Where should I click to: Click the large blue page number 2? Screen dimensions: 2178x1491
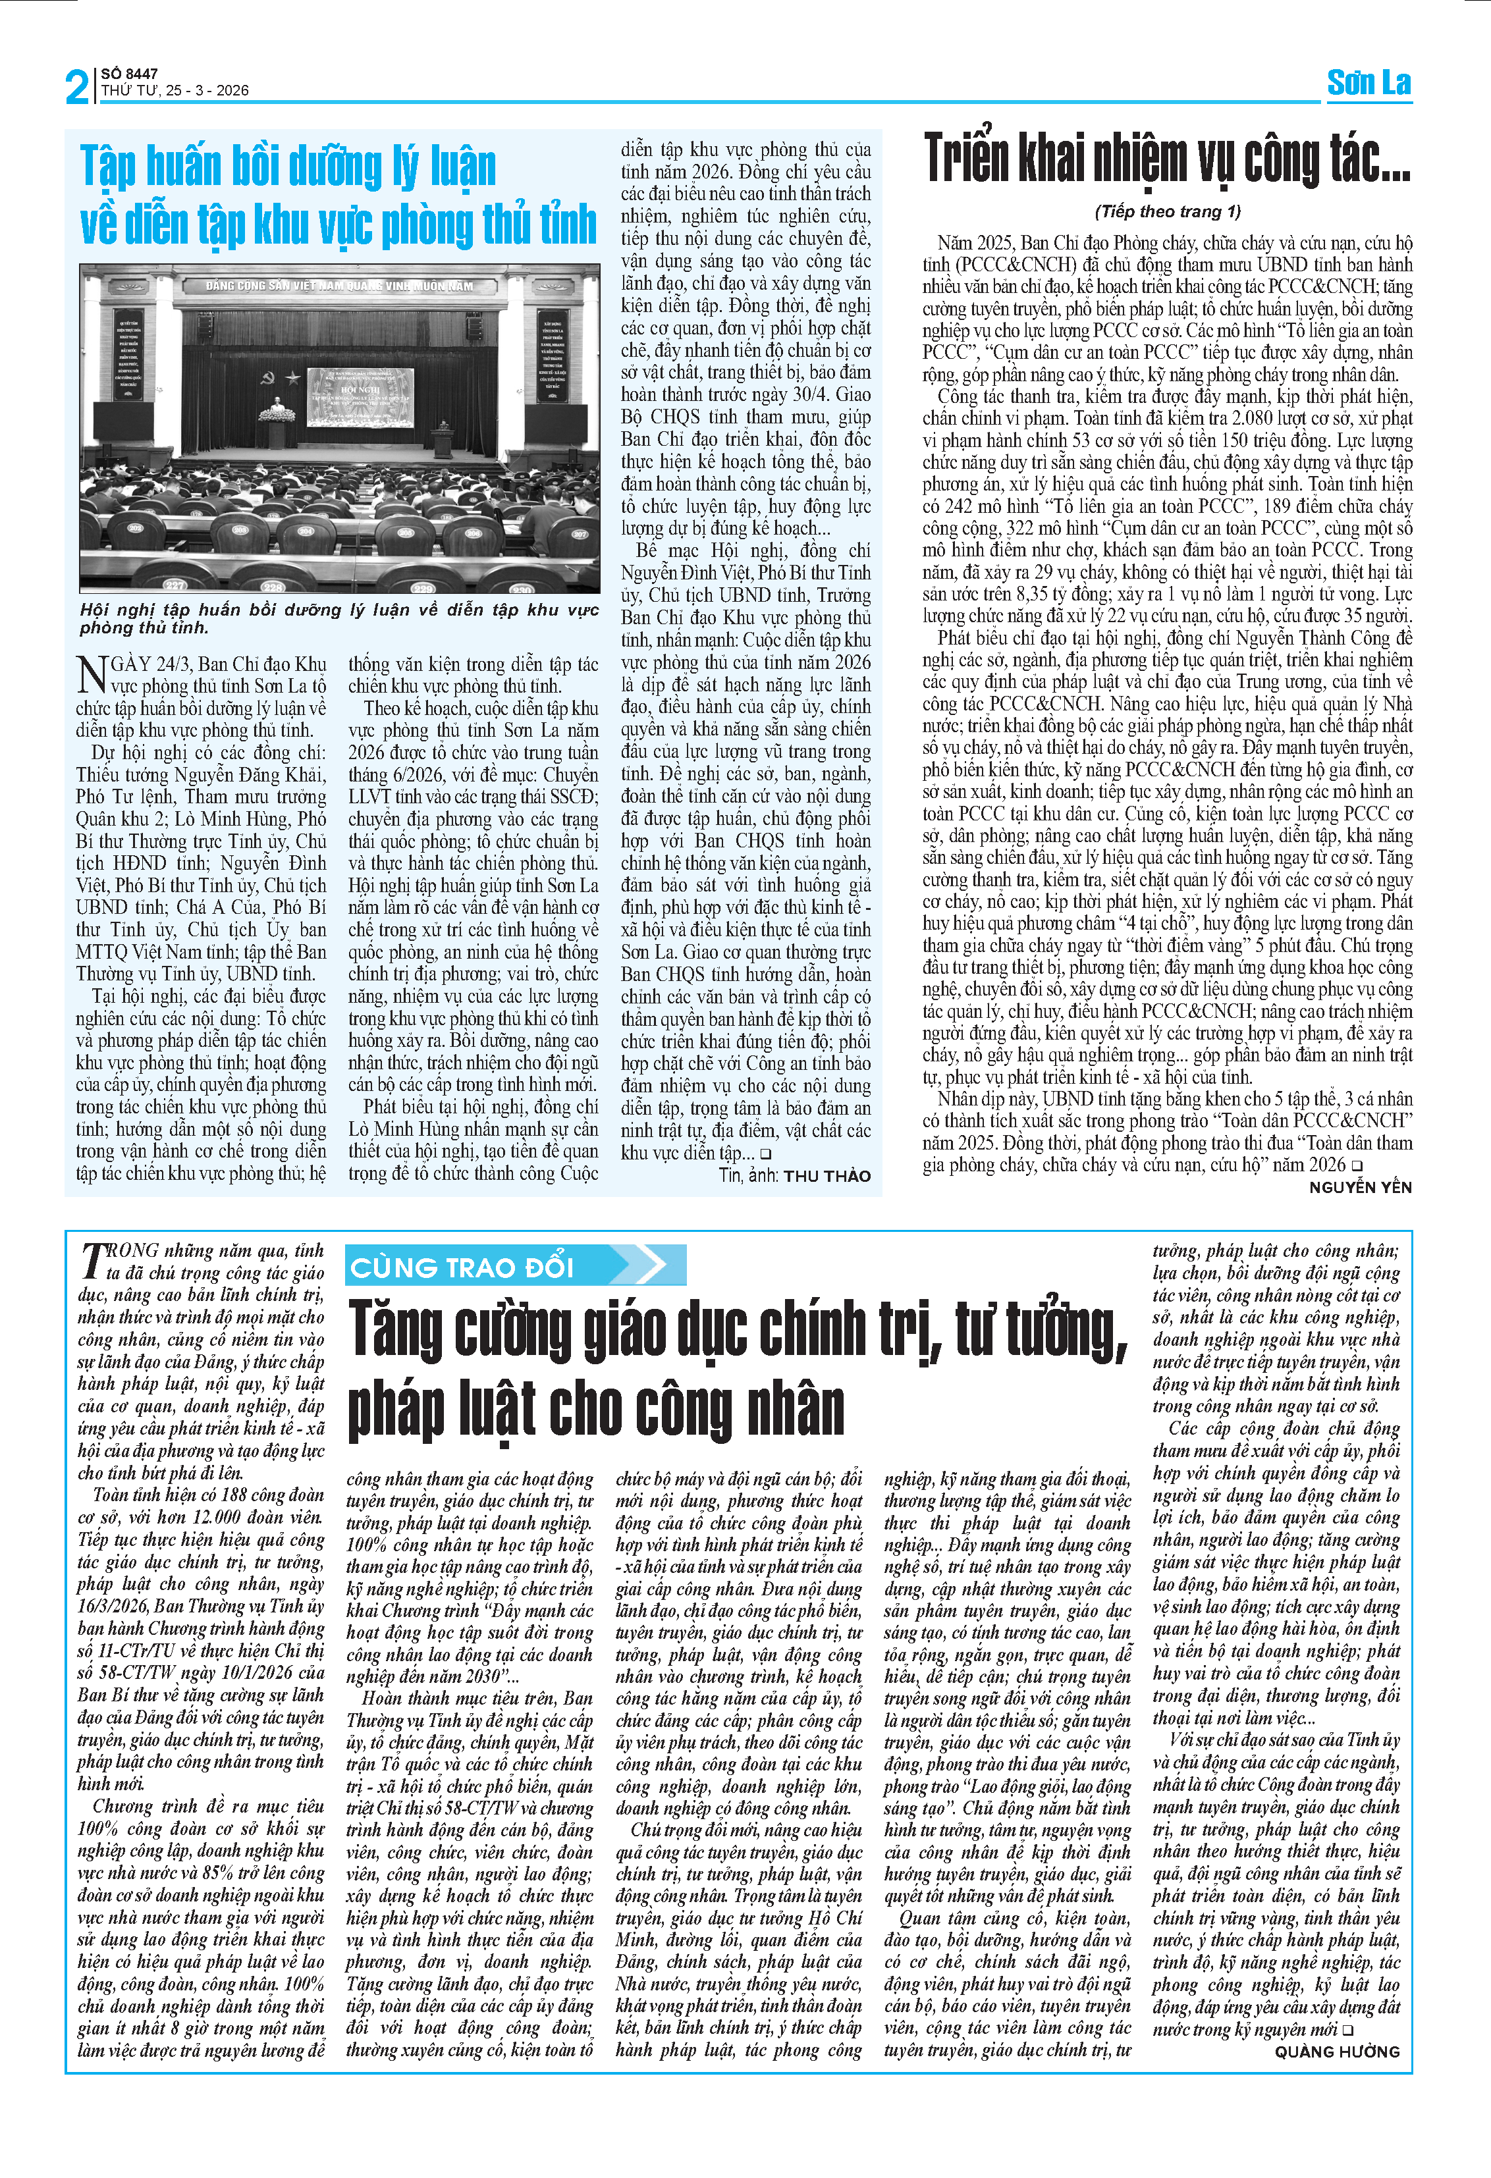[x=77, y=87]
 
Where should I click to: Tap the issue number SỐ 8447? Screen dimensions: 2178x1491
[x=129, y=73]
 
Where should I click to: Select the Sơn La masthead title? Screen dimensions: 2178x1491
[x=1369, y=82]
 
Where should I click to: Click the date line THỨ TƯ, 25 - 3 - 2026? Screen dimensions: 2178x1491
[x=175, y=91]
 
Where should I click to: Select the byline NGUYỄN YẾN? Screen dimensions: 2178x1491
[x=1360, y=1186]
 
